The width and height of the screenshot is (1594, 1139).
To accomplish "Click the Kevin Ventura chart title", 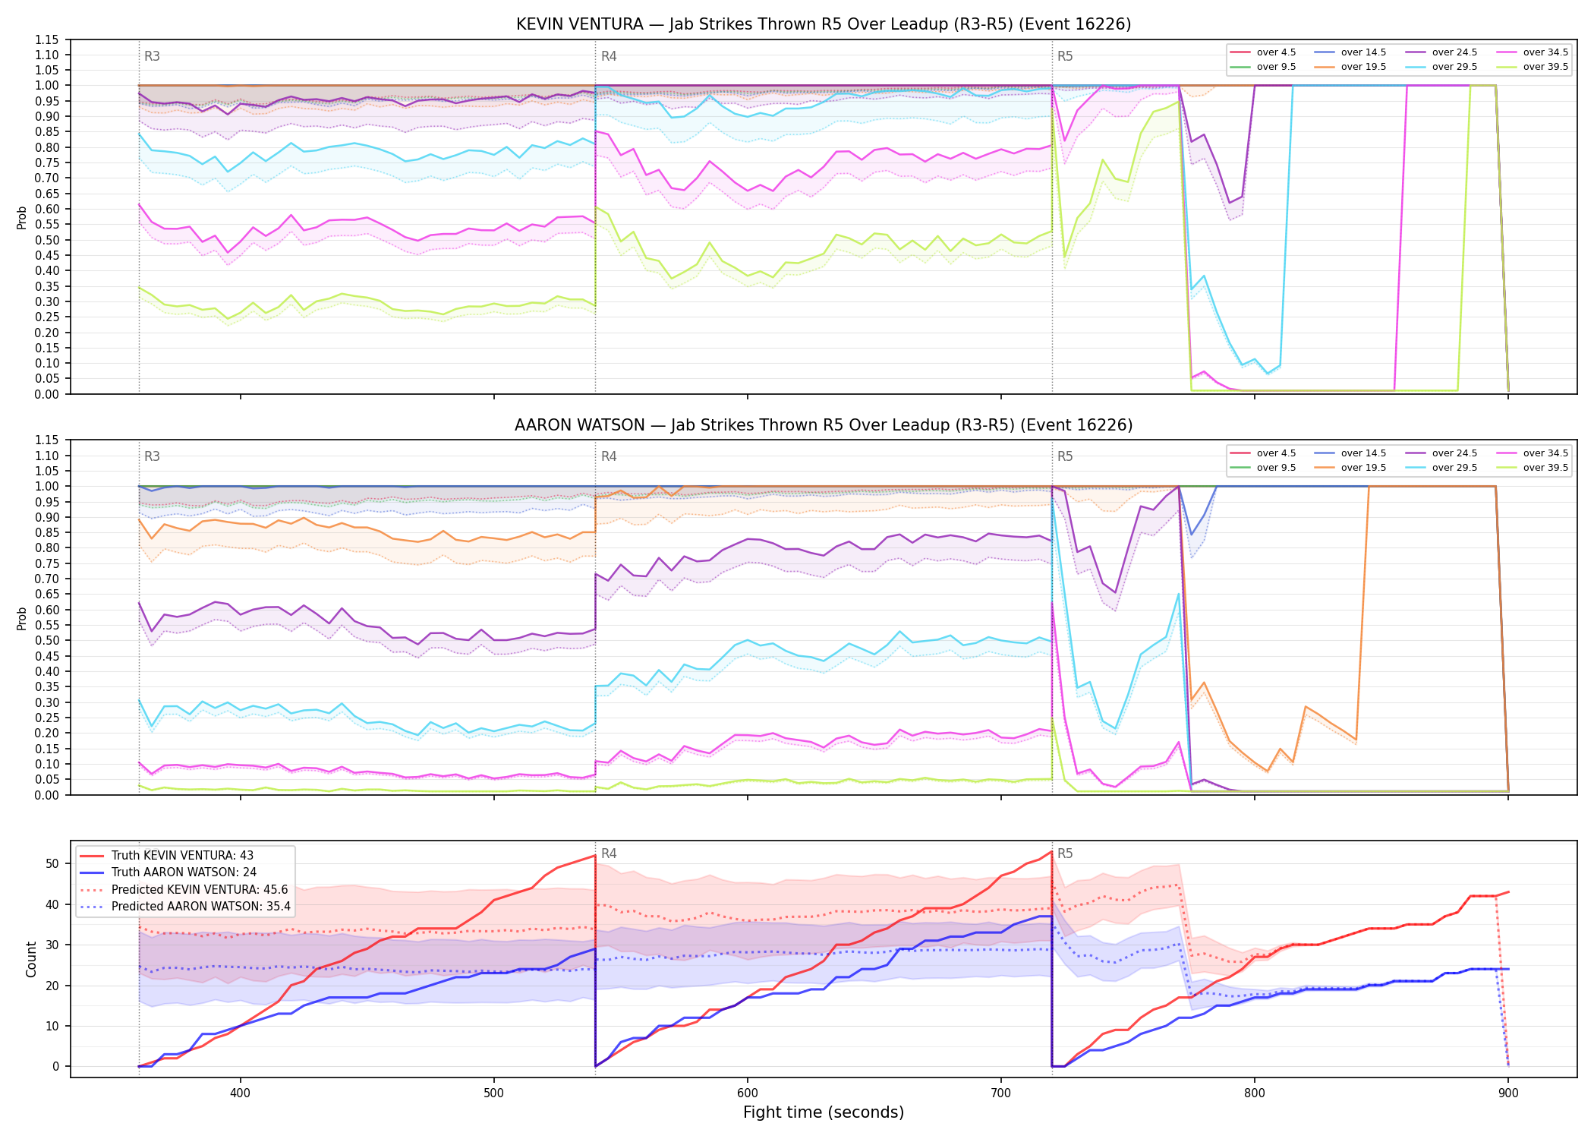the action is tap(824, 24).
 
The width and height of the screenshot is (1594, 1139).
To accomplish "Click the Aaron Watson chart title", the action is tap(824, 425).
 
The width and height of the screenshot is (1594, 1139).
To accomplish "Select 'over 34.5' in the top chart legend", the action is tap(1545, 52).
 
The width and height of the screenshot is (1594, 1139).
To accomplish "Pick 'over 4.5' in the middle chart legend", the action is tap(1276, 453).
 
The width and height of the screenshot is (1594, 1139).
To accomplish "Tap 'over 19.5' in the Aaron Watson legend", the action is tap(1363, 468).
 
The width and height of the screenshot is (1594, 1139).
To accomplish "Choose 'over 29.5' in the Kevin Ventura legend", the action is tap(1454, 67).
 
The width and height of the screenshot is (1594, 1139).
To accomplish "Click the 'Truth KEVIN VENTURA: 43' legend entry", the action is tap(184, 856).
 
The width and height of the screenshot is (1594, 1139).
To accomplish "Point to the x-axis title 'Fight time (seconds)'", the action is tap(824, 1112).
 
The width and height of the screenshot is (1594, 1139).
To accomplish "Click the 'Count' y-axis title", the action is tap(31, 959).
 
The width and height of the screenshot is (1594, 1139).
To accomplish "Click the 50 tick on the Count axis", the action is tap(52, 864).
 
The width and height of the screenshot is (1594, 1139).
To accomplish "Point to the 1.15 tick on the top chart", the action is tap(46, 39).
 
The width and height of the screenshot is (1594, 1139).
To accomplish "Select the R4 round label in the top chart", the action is tap(609, 56).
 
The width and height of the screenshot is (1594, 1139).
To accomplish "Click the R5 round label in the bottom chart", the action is tap(1065, 853).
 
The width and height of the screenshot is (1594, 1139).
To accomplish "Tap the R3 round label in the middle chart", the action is tap(152, 456).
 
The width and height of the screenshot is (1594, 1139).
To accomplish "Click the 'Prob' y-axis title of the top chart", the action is tap(22, 218).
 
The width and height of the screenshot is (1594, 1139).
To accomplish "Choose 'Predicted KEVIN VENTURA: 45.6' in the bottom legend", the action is tap(200, 890).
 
